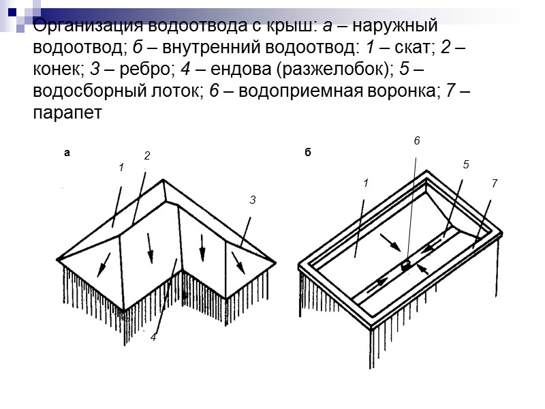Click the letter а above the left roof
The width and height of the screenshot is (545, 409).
(x=67, y=153)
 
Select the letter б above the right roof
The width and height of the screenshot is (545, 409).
(x=307, y=153)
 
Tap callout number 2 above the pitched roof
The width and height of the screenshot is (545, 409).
(x=146, y=156)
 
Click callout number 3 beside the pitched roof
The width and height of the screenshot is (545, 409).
(x=252, y=200)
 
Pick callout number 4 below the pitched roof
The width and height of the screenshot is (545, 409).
(x=153, y=337)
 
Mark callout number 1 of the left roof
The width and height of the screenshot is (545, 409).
(x=121, y=167)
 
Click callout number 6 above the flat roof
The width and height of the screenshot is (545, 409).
(x=417, y=140)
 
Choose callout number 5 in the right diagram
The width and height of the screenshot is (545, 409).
(x=466, y=164)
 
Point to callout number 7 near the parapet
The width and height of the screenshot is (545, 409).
(x=494, y=184)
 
